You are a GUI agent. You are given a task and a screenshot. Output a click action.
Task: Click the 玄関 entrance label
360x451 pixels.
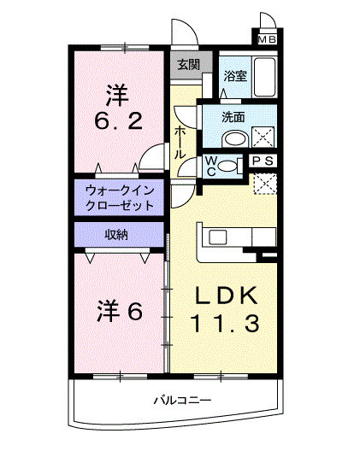click(x=187, y=64)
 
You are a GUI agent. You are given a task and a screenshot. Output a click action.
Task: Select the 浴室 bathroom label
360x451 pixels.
click(x=234, y=76)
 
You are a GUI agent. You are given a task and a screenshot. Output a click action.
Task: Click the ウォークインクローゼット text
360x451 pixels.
click(x=120, y=198)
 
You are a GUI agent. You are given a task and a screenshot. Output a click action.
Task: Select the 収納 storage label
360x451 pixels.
click(x=117, y=234)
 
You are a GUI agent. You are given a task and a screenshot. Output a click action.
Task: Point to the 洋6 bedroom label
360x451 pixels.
click(x=119, y=312)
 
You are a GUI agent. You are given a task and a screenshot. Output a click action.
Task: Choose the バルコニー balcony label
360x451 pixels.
click(x=181, y=400)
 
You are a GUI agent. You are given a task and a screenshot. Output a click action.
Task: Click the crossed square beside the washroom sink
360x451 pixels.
click(x=264, y=137)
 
